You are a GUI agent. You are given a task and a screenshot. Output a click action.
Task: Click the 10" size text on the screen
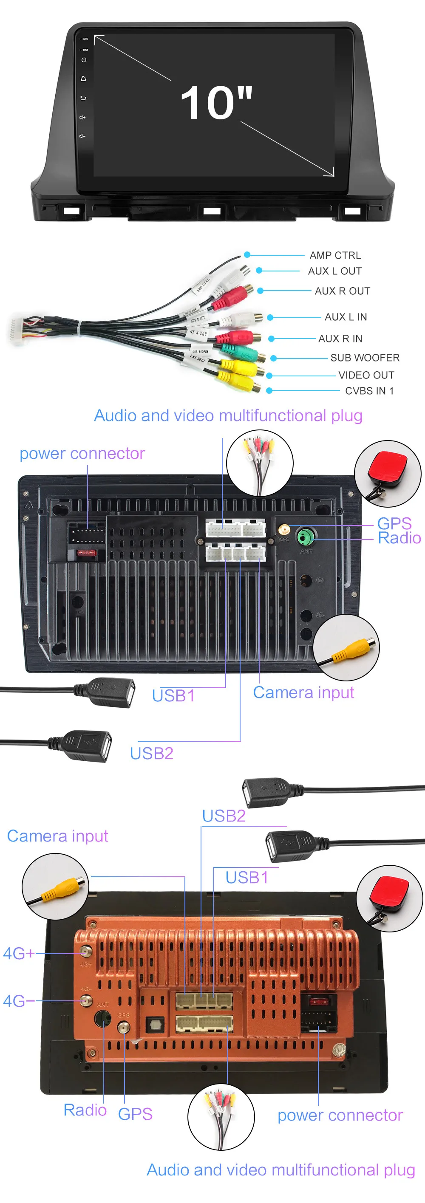coord(216,103)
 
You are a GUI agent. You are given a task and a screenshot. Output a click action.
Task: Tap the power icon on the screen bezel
coord(84,60)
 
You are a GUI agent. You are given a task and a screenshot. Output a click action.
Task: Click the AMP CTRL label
coord(335,255)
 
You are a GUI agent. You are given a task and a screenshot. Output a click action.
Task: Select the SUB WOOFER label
coord(365,358)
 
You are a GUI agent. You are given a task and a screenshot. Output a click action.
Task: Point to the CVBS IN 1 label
coord(369,391)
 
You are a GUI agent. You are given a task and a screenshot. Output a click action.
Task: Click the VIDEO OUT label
coord(366,375)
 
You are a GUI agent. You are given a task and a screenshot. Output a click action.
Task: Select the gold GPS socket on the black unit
coord(284,530)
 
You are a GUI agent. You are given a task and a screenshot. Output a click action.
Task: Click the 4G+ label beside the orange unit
coord(19,953)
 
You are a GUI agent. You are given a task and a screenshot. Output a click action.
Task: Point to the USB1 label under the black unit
coord(173,696)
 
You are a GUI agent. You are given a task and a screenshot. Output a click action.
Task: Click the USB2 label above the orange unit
coord(224,816)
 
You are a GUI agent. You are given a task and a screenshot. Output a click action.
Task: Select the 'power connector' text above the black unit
coord(82,453)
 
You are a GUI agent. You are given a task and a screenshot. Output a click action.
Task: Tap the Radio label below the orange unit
coord(85,1110)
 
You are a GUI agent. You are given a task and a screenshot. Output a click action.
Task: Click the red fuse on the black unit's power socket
coord(87,553)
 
